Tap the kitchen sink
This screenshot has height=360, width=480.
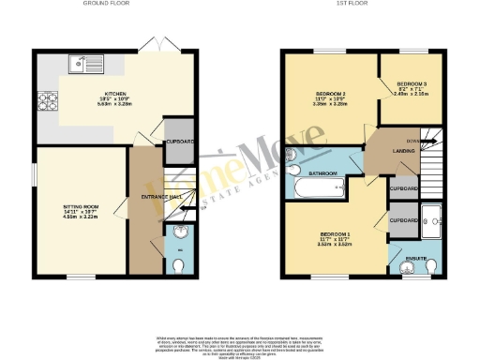pyautogui.click(x=87, y=65)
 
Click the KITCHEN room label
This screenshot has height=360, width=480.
pyautogui.click(x=116, y=94)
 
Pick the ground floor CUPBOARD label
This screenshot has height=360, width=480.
pyautogui.click(x=179, y=142)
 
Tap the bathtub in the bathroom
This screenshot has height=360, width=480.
pyautogui.click(x=319, y=190)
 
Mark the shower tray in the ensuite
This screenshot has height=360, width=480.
pyautogui.click(x=432, y=220)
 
